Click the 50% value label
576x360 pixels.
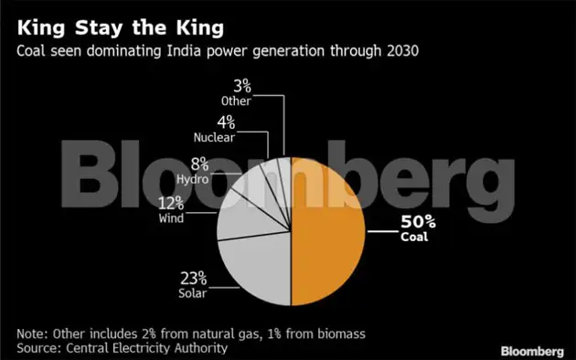pyautogui.click(x=416, y=223)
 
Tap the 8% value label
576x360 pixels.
pyautogui.click(x=200, y=164)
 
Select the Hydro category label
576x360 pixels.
pyautogui.click(x=196, y=179)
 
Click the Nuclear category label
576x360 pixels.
pyautogui.click(x=215, y=138)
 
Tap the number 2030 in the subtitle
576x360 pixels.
pyautogui.click(x=400, y=49)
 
